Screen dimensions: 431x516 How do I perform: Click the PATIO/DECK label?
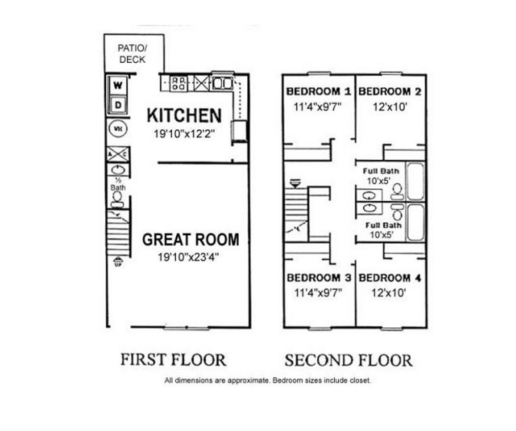coord(132,54)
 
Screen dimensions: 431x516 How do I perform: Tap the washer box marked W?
coord(118,86)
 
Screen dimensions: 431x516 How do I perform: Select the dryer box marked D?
coord(118,105)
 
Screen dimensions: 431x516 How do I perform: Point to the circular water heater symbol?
coord(118,129)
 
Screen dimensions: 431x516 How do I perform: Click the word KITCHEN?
coord(184,115)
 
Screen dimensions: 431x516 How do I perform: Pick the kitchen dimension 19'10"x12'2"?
coord(184,134)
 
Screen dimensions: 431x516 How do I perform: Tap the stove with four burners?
coord(178,83)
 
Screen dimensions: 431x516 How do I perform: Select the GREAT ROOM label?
coord(190,239)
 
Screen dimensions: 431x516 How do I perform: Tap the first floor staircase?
coord(118,232)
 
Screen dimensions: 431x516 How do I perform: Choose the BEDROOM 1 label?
coord(319,92)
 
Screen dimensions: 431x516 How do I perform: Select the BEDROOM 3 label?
coord(319,278)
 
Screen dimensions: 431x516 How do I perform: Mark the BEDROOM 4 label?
coord(391,278)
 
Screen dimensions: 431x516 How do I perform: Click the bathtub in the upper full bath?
coord(415,181)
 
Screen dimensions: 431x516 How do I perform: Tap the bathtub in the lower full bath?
coord(415,222)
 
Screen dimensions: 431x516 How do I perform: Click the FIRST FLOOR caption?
coord(173,360)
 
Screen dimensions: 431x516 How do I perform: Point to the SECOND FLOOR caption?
coord(348,361)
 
